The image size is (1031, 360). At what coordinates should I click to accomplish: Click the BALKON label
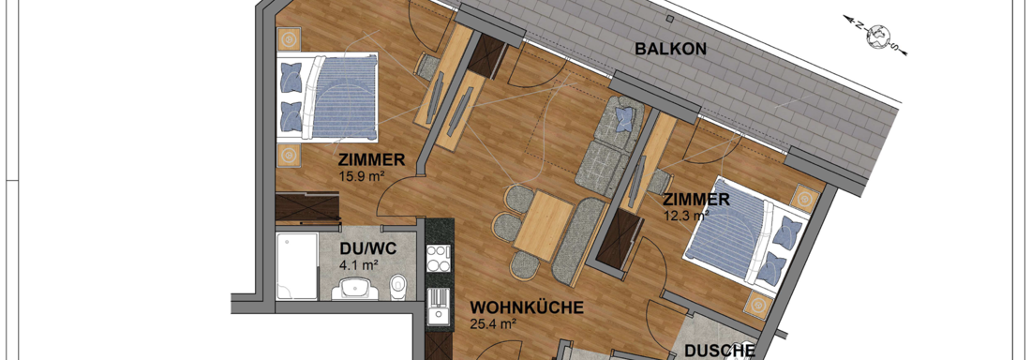[671, 49]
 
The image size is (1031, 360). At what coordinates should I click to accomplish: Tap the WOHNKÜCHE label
[528, 307]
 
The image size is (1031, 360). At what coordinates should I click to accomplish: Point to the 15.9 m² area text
[361, 175]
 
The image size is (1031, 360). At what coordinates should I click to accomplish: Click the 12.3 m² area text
[686, 214]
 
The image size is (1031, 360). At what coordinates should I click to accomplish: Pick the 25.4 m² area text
[493, 322]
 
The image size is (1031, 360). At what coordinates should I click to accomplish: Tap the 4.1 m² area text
[359, 265]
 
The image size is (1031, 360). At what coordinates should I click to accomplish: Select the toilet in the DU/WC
[397, 288]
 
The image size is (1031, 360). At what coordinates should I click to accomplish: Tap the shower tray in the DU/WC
[297, 265]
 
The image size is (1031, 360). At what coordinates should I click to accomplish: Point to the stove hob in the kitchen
[438, 258]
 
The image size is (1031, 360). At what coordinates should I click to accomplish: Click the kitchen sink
[439, 307]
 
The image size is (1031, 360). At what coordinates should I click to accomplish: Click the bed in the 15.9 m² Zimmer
[327, 97]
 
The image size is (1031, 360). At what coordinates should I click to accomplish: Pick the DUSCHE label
[720, 352]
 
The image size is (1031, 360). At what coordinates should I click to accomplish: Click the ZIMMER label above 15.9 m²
[370, 160]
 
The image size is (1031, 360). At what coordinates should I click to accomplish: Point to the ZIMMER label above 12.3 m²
[695, 199]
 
